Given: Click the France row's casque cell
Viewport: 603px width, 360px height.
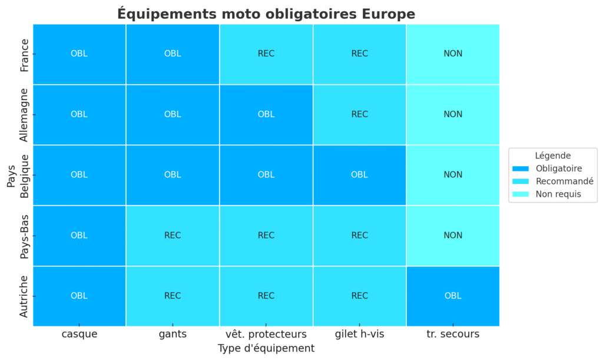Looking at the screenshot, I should [x=79, y=54].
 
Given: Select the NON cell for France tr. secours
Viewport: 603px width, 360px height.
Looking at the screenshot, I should [x=453, y=54].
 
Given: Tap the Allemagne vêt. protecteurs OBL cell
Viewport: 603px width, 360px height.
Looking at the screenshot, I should [x=266, y=114].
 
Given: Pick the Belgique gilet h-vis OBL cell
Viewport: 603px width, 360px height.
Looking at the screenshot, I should [x=359, y=175].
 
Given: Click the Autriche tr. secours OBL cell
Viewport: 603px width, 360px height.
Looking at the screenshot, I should [x=453, y=296].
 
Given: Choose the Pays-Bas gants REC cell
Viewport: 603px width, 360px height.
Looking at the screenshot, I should [x=173, y=235].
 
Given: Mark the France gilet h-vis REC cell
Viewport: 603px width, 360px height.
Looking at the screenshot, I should [x=359, y=54].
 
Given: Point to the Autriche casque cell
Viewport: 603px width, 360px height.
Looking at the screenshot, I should [x=79, y=296].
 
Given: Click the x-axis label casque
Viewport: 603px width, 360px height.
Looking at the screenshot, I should [x=79, y=334].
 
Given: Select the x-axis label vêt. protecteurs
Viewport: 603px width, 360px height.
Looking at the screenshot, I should [x=266, y=334].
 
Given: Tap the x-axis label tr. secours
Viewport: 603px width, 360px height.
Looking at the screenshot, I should [x=453, y=334].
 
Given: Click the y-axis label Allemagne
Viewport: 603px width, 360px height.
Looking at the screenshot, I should [x=24, y=114].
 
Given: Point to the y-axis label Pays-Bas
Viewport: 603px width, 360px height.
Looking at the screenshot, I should [x=24, y=235].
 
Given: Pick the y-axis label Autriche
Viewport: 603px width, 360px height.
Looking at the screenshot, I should [x=24, y=296].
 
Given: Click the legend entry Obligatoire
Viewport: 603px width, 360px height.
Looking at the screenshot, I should [x=558, y=169].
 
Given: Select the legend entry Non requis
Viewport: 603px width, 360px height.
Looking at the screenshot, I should [x=558, y=194].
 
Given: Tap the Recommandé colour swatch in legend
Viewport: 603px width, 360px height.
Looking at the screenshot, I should [x=522, y=181].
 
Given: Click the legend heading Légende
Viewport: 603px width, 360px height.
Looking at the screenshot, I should [x=552, y=156].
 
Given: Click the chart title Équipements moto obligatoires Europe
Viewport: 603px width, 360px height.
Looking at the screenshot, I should [x=266, y=14].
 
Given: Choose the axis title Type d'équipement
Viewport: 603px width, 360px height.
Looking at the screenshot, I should [x=266, y=348].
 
